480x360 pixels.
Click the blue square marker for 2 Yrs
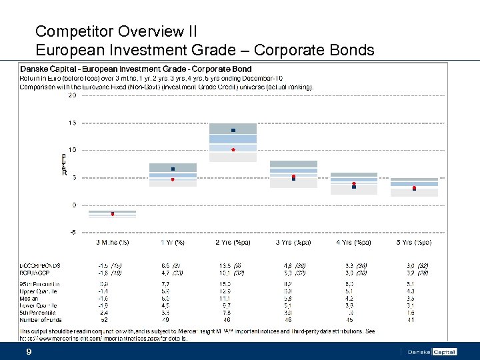233,130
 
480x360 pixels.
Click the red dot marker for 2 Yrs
233,149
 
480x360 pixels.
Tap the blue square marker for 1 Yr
173,169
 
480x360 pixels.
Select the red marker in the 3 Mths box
113,214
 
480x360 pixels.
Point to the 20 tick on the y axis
72,95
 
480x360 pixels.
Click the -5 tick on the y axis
72,232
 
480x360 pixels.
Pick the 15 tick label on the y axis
72,123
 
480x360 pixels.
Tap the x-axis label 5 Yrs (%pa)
414,241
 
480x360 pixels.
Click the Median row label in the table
30,299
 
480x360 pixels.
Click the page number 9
29,351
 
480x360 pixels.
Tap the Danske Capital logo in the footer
431,351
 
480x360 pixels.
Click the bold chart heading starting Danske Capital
136,69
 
